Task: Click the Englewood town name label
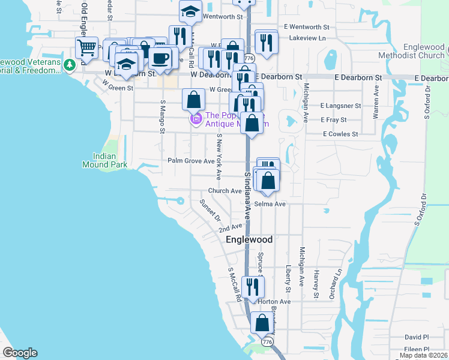249,239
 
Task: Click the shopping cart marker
87,48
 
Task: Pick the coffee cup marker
160,58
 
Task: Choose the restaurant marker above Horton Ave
253,287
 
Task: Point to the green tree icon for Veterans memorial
70,63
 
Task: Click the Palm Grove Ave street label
191,161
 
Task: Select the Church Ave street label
224,191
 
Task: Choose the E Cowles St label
340,134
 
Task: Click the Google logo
20,353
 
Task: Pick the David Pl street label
417,337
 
